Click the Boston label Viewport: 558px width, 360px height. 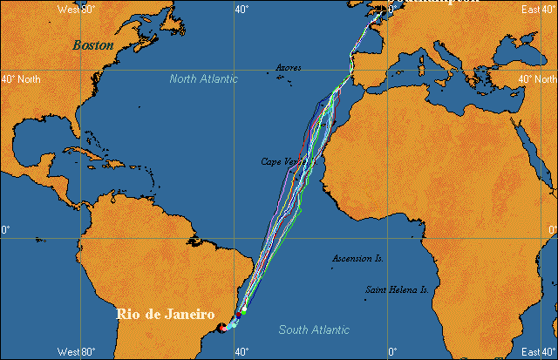coord(93,44)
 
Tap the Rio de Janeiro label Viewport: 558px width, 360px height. coord(166,314)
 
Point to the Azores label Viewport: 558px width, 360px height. coord(289,67)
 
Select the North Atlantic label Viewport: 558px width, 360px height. coord(203,79)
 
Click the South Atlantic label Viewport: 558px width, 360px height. coord(314,329)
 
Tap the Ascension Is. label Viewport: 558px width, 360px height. coord(357,259)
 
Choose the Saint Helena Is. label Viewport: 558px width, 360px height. coord(397,289)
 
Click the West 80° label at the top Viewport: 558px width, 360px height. coord(76,9)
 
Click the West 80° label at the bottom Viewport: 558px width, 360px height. coord(76,352)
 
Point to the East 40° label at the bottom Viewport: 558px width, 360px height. coord(536,352)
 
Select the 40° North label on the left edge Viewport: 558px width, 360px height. coord(21,79)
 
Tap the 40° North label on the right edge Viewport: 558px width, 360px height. coord(536,79)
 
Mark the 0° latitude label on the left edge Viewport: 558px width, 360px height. coord(5,229)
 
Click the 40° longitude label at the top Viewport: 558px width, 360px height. coord(242,9)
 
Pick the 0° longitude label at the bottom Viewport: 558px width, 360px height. coord(391,352)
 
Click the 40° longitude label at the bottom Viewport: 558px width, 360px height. coord(242,352)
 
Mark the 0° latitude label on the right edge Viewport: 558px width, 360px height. coord(552,229)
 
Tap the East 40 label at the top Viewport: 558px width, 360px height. coord(536,9)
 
